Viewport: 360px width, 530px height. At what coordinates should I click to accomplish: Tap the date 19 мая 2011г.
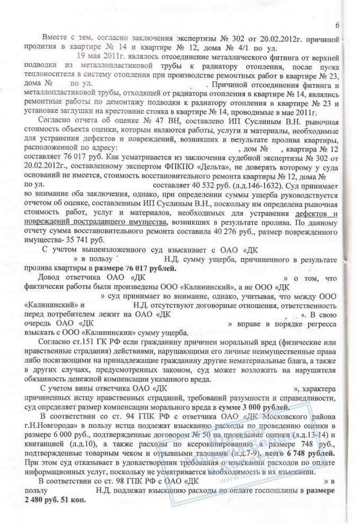(98, 55)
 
